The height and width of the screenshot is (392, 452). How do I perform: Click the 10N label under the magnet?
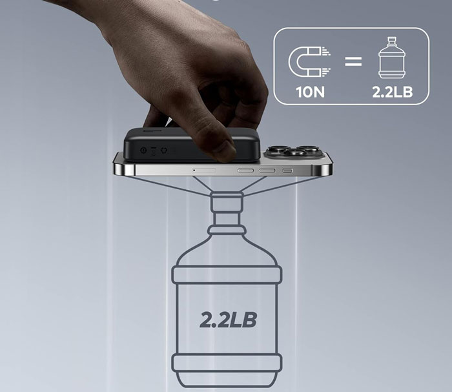pos(310,92)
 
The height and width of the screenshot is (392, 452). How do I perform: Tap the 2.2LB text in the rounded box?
pos(393,92)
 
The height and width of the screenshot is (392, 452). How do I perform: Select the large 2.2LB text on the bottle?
pos(228,320)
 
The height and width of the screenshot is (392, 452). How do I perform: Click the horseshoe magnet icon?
pos(309,62)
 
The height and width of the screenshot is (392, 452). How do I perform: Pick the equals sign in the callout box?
pos(353,61)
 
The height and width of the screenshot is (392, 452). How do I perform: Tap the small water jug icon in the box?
pos(392,57)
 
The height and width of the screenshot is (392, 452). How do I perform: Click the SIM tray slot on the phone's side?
pos(204,170)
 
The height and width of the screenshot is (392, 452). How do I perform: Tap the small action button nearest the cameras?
pos(287,171)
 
